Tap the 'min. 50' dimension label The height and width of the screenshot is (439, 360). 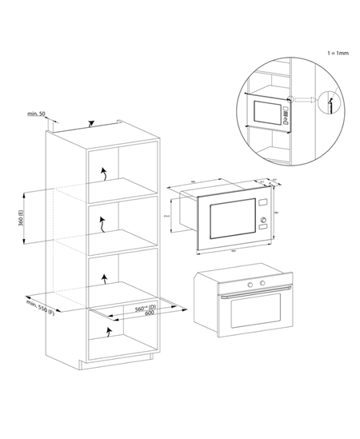(36, 114)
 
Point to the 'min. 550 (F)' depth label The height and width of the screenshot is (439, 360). (42, 307)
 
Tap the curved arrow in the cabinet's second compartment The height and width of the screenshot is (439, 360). (102, 225)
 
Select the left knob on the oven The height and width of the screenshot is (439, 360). (250, 285)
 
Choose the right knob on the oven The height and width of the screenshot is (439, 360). (261, 284)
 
